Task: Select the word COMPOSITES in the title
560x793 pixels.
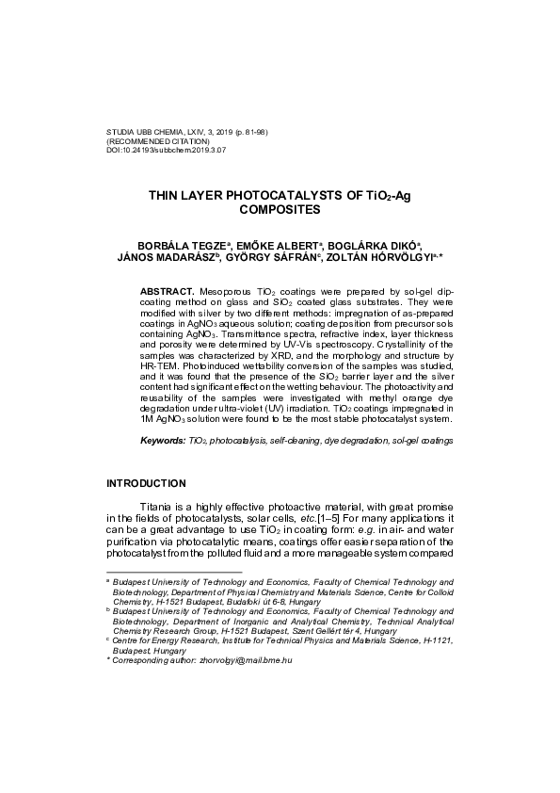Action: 280,212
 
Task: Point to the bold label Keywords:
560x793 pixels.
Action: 163,441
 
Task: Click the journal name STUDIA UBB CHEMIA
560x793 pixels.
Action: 143,132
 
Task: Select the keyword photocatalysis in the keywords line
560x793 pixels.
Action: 239,441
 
